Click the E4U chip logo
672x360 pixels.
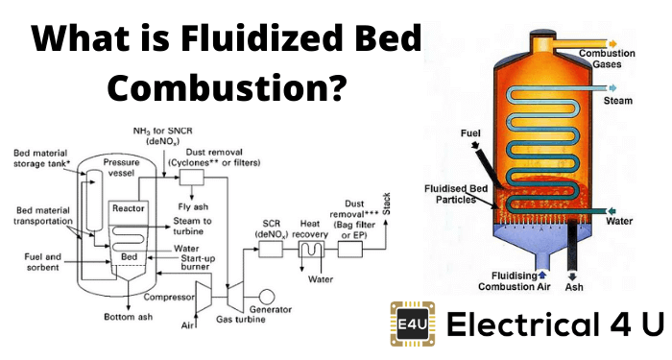pyautogui.click(x=413, y=324)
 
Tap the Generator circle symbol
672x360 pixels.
pyautogui.click(x=267, y=297)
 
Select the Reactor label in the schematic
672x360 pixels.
pyautogui.click(x=128, y=208)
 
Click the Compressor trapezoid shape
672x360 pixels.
pyautogui.click(x=204, y=297)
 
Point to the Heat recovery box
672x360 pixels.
pyautogui.click(x=311, y=249)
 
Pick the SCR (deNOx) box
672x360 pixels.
pyautogui.click(x=271, y=249)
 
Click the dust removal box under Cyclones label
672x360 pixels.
pyautogui.click(x=192, y=177)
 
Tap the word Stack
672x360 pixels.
pyautogui.click(x=386, y=204)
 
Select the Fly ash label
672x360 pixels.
pyautogui.click(x=193, y=207)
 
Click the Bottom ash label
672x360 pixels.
pyautogui.click(x=128, y=317)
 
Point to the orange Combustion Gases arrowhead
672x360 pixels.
pyautogui.click(x=612, y=44)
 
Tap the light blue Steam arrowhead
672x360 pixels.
pyautogui.click(x=612, y=88)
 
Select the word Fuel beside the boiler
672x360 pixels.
pyautogui.click(x=470, y=133)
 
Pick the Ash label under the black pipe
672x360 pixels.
pyautogui.click(x=574, y=287)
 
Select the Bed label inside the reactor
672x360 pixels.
pyautogui.click(x=129, y=256)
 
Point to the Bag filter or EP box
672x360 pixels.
pyautogui.click(x=350, y=249)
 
